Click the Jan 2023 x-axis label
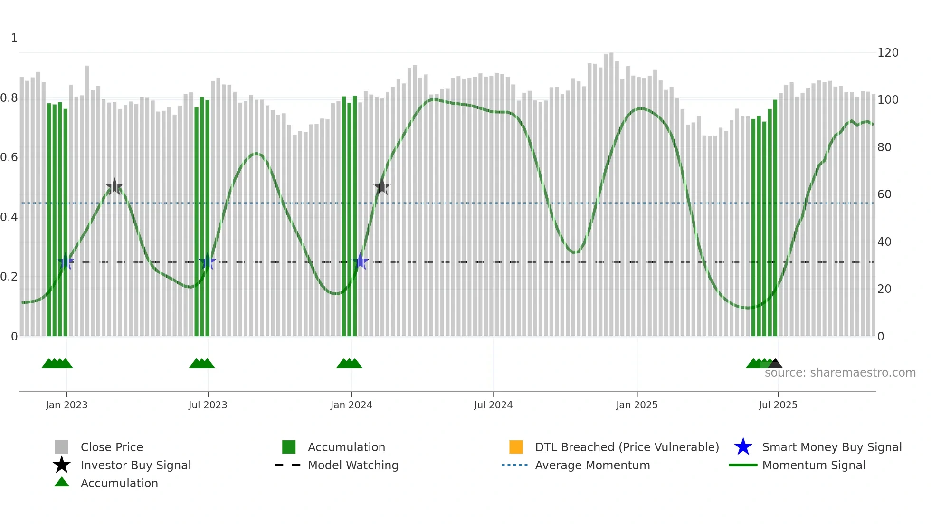pyautogui.click(x=66, y=405)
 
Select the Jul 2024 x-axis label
pyautogui.click(x=493, y=405)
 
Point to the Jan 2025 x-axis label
pyautogui.click(x=636, y=405)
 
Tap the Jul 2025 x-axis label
pyautogui.click(x=778, y=405)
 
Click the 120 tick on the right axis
pyautogui.click(x=887, y=53)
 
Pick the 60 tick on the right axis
pyautogui.click(x=884, y=194)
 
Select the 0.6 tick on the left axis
pyautogui.click(x=9, y=157)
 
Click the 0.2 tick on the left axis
pyautogui.click(x=9, y=277)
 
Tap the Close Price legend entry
pyautogui.click(x=111, y=447)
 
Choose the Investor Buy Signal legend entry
pyautogui.click(x=135, y=465)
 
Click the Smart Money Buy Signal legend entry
pyautogui.click(x=831, y=447)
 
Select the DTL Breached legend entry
pyautogui.click(x=627, y=447)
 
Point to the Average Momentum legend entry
pyautogui.click(x=592, y=465)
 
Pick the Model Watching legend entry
pyautogui.click(x=353, y=465)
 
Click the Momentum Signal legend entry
pyautogui.click(x=813, y=465)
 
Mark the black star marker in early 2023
pyautogui.click(x=114, y=187)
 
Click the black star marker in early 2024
pyautogui.click(x=382, y=187)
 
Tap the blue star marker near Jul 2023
pyautogui.click(x=207, y=262)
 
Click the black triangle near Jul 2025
pyautogui.click(x=775, y=364)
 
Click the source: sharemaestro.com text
pyautogui.click(x=840, y=373)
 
